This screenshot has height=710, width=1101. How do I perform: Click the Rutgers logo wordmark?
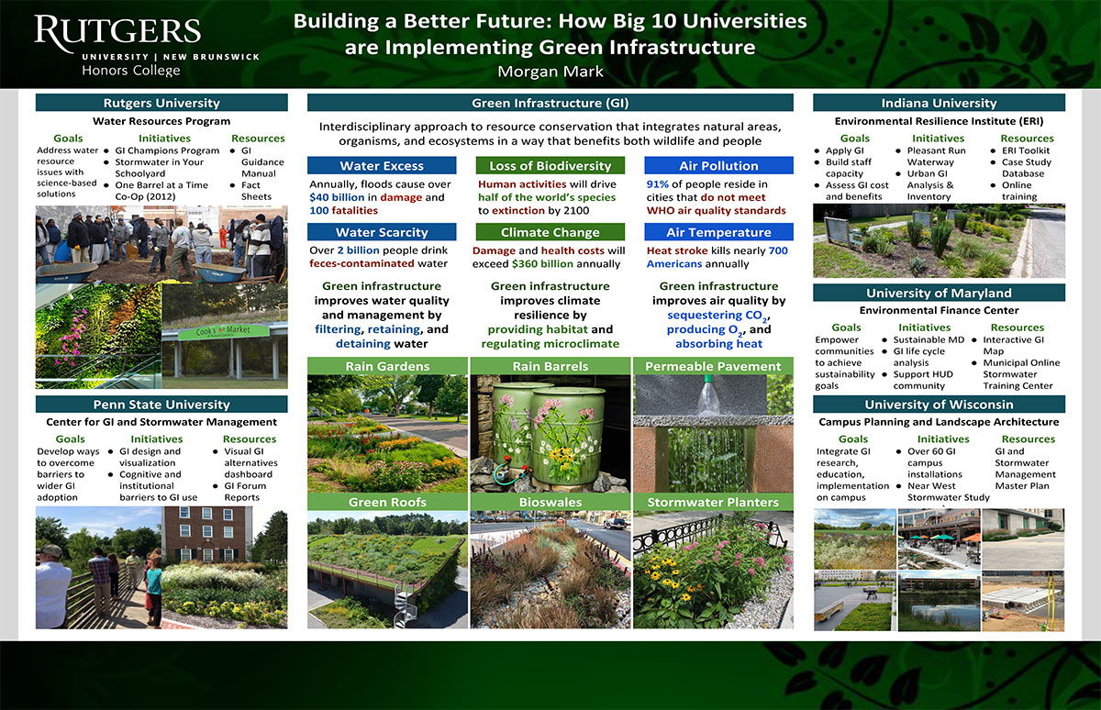(x=118, y=31)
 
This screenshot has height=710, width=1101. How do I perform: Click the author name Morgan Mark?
(x=550, y=72)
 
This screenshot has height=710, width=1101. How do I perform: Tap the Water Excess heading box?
(x=382, y=166)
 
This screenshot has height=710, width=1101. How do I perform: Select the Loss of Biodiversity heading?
(x=550, y=166)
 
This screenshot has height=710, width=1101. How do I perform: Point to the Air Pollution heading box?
(x=718, y=166)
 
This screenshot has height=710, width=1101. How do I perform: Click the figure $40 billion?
(x=337, y=197)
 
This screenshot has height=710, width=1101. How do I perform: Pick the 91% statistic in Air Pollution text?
(x=657, y=184)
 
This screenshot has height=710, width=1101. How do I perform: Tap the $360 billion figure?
(x=542, y=264)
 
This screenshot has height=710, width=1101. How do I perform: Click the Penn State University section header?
(x=161, y=405)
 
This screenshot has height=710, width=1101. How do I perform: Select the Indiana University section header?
(x=939, y=103)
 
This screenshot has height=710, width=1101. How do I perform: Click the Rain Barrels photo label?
(x=550, y=366)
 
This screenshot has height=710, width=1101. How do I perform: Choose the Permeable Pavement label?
(x=713, y=366)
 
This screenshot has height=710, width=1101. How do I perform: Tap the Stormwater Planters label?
(x=713, y=502)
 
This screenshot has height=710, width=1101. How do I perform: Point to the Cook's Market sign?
(x=223, y=331)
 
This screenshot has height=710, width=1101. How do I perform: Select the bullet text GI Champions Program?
(x=167, y=150)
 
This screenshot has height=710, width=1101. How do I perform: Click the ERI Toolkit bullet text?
(x=1026, y=150)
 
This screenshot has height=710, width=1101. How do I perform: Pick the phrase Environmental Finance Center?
(x=939, y=310)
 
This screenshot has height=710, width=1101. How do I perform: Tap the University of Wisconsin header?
(x=939, y=405)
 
